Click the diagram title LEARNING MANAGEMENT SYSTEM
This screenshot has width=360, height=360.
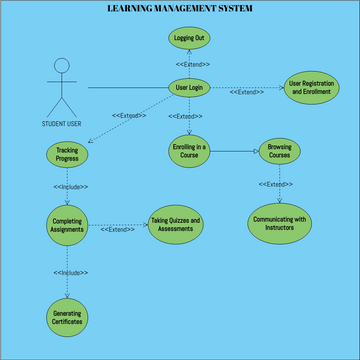point(179,8)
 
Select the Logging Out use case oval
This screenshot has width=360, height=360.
point(190,38)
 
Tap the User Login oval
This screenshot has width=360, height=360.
point(190,88)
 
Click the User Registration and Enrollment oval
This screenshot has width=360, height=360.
point(309,88)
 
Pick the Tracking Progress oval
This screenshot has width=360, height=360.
point(68,154)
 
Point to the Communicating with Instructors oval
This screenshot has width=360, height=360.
point(279,222)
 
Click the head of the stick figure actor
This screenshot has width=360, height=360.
point(62,68)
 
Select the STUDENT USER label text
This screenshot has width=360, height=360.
point(62,124)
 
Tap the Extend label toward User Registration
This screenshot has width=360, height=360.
point(247,93)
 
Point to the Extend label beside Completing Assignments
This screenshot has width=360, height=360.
point(118,229)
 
